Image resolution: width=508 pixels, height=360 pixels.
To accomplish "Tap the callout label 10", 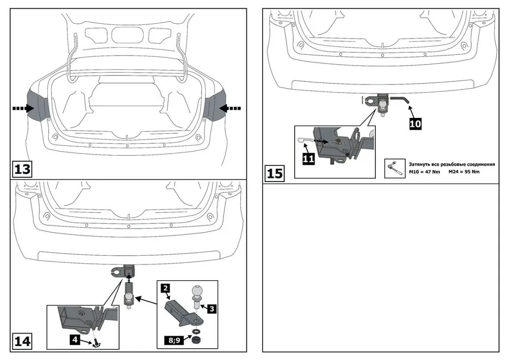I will pyautogui.click(x=414, y=124).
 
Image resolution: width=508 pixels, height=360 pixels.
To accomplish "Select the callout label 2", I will pyautogui.click(x=165, y=289).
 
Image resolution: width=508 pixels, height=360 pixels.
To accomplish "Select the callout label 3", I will pyautogui.click(x=212, y=308).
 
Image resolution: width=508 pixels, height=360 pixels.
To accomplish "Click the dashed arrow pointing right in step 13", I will pyautogui.click(x=23, y=108).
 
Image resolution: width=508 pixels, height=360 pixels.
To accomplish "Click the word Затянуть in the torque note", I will pyautogui.click(x=422, y=164).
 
